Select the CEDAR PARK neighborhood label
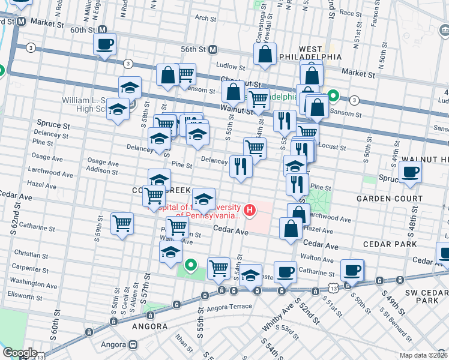390,244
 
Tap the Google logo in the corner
20,353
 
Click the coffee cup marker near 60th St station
104,44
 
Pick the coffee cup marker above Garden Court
410,172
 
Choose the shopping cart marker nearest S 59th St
122,223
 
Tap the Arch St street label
205,19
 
